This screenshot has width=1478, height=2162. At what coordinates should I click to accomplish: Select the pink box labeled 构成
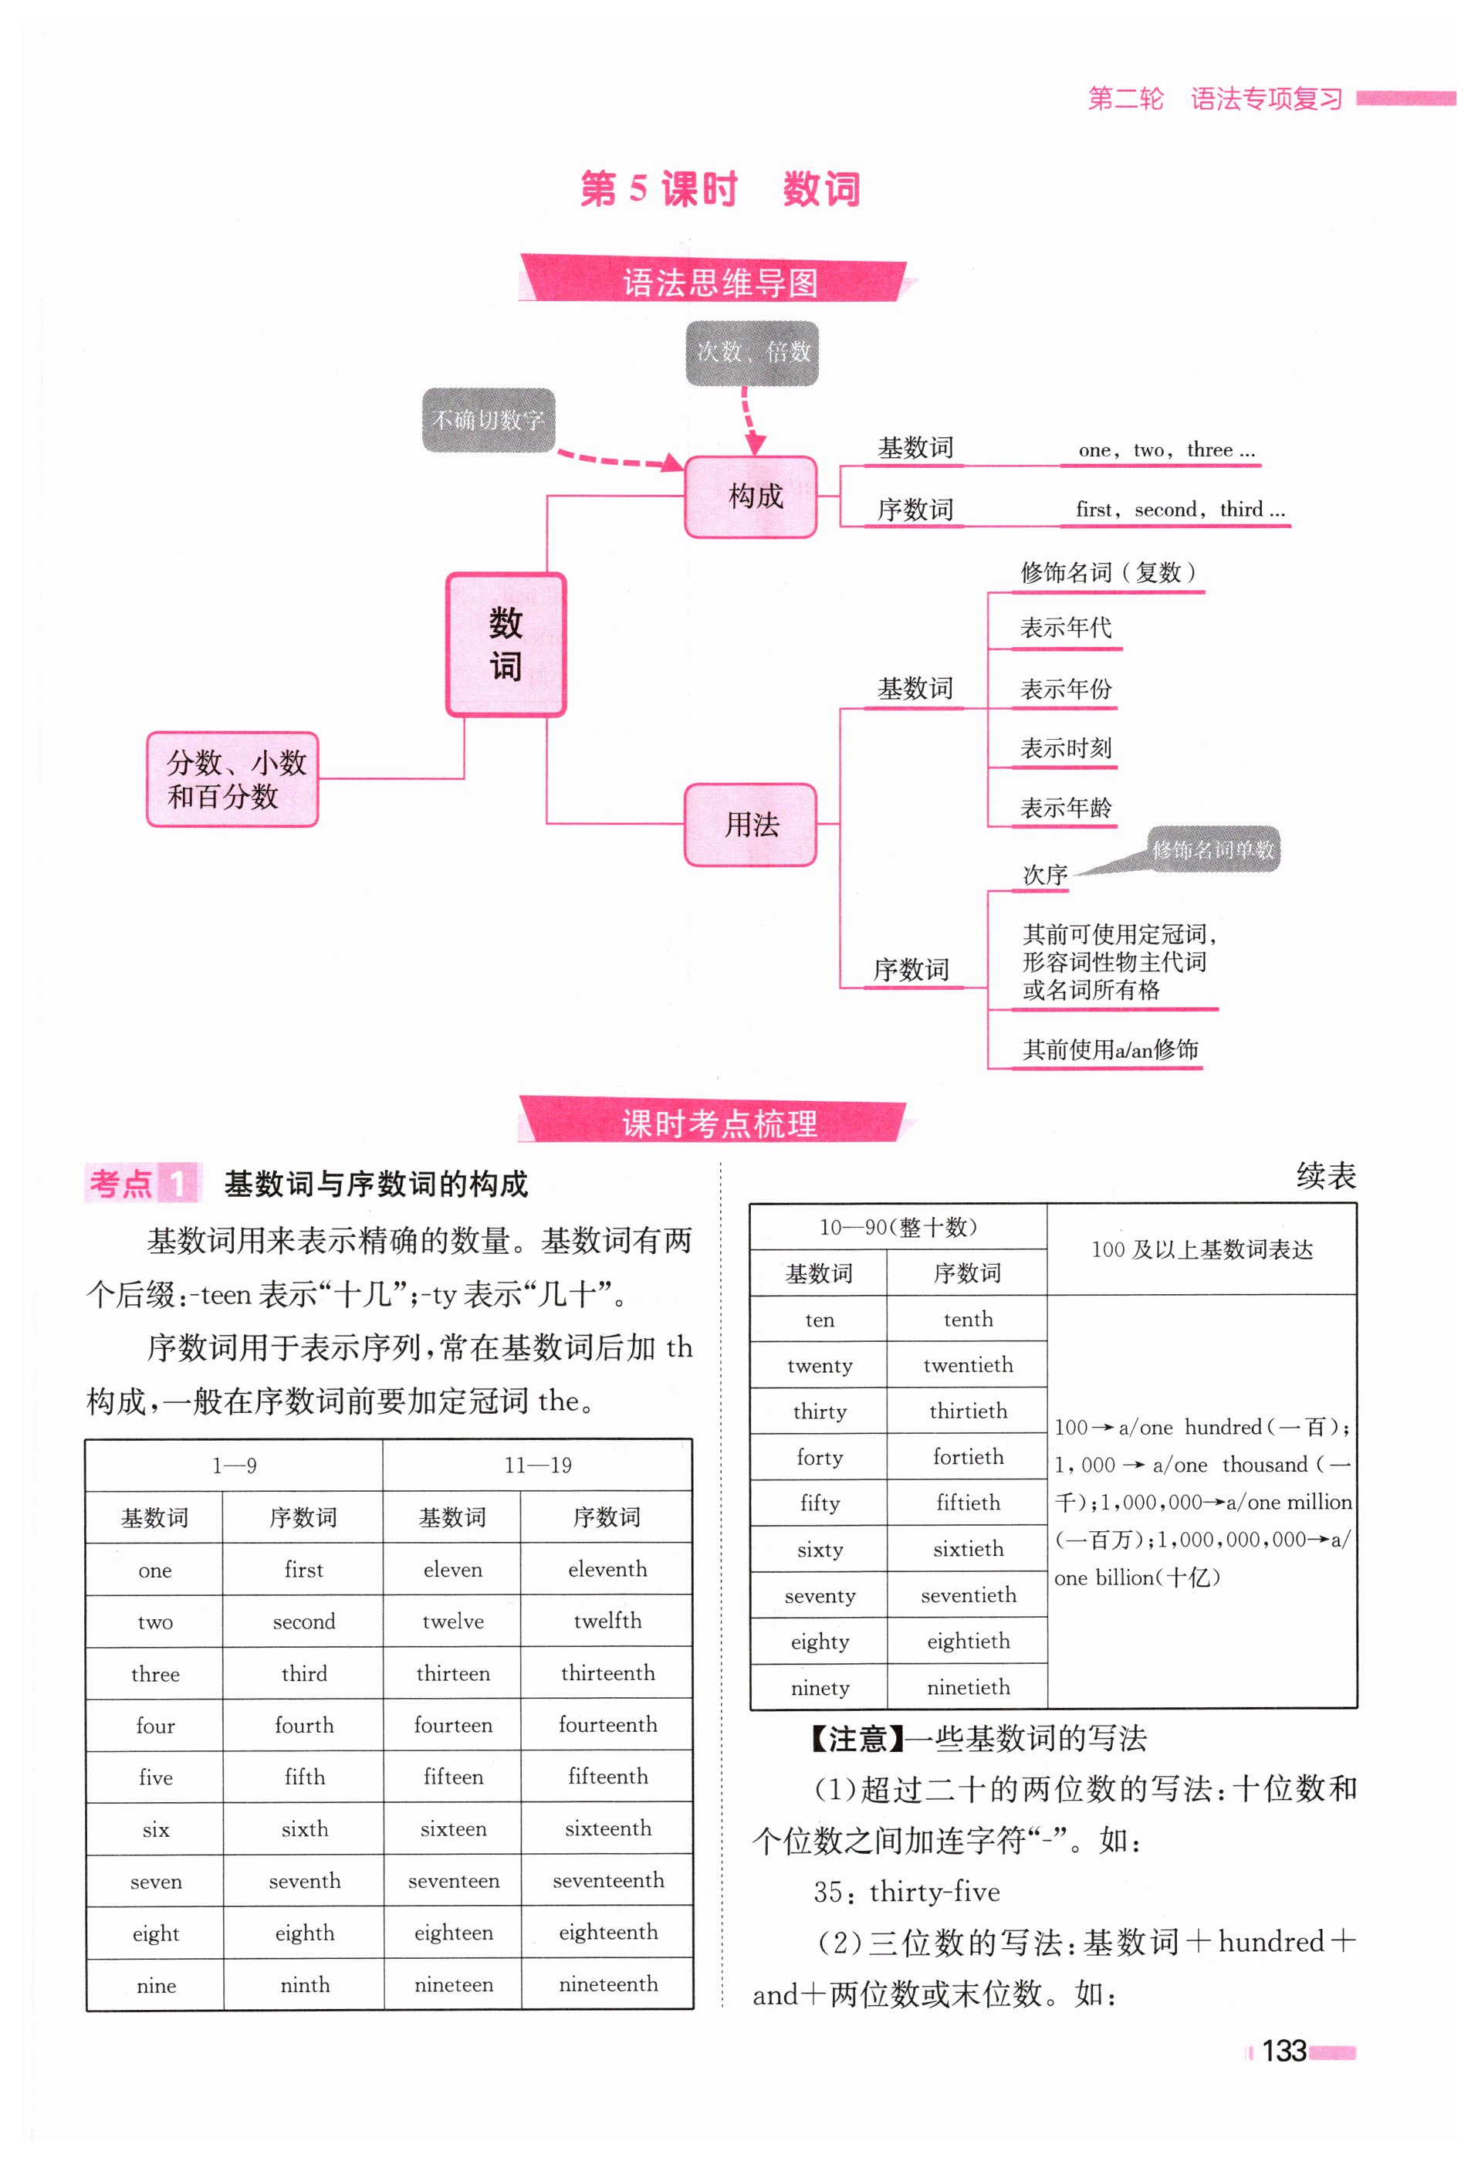click(x=752, y=496)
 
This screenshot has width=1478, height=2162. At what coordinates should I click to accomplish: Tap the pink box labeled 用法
click(x=751, y=824)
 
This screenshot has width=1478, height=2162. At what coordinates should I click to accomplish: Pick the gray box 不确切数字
click(x=489, y=421)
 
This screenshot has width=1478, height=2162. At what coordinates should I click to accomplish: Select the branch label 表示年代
click(x=1066, y=628)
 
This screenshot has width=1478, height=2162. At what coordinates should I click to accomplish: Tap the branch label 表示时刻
click(x=1066, y=748)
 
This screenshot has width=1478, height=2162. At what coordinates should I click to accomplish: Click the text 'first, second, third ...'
click(x=1179, y=509)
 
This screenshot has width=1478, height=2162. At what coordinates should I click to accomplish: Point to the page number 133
click(x=1284, y=2050)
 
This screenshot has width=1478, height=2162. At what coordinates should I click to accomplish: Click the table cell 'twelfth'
click(x=607, y=1621)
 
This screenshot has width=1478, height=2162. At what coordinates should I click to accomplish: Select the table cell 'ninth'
click(x=304, y=1984)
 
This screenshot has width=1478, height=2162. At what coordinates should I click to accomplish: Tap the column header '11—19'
click(x=538, y=1466)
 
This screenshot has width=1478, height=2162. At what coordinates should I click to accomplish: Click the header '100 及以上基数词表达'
click(x=1202, y=1249)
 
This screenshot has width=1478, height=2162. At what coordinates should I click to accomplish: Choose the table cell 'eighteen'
click(x=453, y=1932)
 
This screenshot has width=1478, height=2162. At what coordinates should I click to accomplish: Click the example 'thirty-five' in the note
click(x=934, y=1891)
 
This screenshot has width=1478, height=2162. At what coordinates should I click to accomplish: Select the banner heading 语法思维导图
click(x=719, y=282)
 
